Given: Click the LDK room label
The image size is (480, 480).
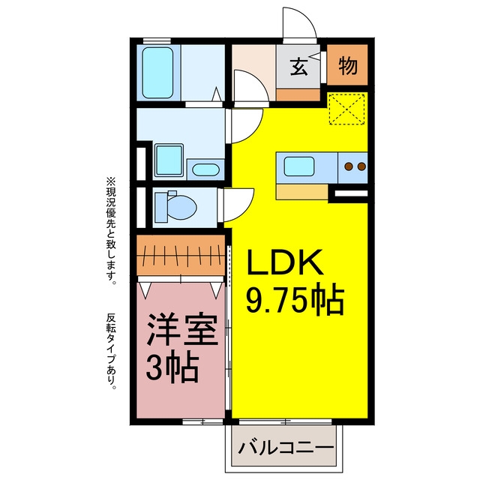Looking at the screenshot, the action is (285, 262).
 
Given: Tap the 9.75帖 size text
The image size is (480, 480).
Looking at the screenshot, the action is (295, 301).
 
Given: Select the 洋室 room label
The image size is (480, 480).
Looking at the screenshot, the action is (182, 329).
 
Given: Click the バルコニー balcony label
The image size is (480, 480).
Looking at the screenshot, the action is (286, 448).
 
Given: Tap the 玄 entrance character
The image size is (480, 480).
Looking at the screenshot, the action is (298, 67).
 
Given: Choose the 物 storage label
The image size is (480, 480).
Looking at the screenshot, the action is (348, 65).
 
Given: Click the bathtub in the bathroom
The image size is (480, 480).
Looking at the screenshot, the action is (158, 73).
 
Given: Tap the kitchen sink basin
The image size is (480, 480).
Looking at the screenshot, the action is (299, 166).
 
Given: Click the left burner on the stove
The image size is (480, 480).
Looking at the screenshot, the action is (349, 166).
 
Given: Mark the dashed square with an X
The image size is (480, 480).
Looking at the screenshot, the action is (346, 109).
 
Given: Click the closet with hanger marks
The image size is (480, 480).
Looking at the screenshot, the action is (181, 256).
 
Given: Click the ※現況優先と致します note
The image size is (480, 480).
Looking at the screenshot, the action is (111, 231).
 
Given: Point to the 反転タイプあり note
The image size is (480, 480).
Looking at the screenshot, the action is (112, 351).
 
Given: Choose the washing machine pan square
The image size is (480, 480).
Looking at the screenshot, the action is (169, 160).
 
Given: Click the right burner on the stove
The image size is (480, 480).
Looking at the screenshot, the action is (361, 166).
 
